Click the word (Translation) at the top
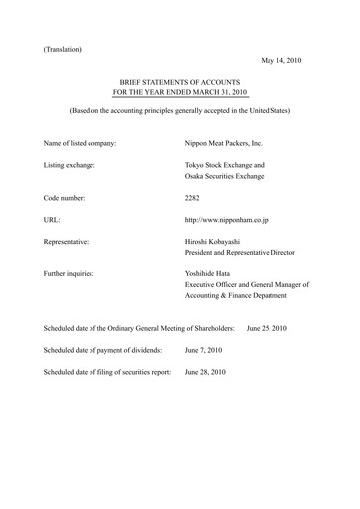[63, 49]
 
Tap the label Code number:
[70, 198]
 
